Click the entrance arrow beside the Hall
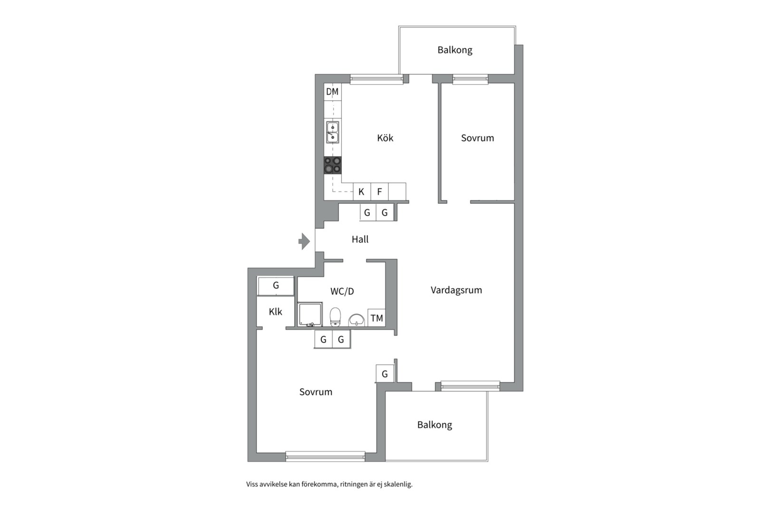click(x=304, y=241)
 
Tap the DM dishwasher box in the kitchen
click(x=333, y=92)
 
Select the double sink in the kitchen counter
click(x=332, y=132)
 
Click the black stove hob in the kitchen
click(x=333, y=165)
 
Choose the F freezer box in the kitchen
click(x=379, y=192)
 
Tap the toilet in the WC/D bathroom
click(x=335, y=317)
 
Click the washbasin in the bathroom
click(x=357, y=320)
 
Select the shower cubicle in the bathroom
click(x=310, y=314)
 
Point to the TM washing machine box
click(x=377, y=318)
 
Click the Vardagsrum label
click(x=456, y=290)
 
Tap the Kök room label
click(x=385, y=138)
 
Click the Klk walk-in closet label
click(x=275, y=312)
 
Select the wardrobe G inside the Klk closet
click(x=276, y=286)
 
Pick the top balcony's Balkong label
click(x=455, y=50)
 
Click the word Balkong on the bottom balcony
click(x=434, y=425)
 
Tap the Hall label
click(x=360, y=239)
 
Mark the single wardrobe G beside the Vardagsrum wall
click(x=385, y=374)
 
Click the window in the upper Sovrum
click(x=470, y=79)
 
